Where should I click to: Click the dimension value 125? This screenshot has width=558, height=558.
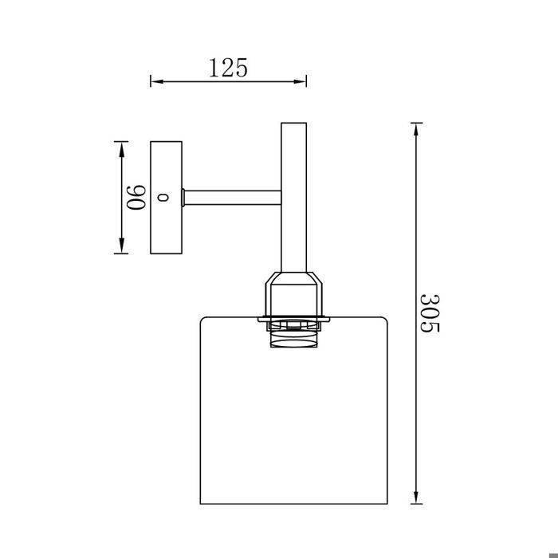(x=228, y=68)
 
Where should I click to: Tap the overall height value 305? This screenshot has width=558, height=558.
(x=430, y=312)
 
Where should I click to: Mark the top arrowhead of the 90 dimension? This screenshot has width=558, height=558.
(x=121, y=146)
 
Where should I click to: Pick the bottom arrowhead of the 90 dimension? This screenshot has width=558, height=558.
(x=121, y=249)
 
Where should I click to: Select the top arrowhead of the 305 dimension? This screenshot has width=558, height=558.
(x=415, y=128)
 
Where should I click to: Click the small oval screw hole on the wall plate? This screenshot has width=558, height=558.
(x=165, y=197)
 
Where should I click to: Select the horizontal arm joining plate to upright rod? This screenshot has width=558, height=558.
(x=233, y=197)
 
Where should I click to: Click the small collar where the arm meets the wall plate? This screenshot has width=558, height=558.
(x=183, y=197)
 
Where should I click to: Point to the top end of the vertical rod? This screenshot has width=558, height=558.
(x=293, y=125)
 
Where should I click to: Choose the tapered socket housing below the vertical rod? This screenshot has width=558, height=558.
(x=293, y=295)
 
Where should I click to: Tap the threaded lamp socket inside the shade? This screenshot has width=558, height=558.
(x=293, y=337)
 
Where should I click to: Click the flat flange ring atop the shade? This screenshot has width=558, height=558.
(x=293, y=320)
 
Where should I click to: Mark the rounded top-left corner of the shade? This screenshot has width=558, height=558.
(x=201, y=320)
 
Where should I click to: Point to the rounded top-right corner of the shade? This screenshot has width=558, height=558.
(x=386, y=320)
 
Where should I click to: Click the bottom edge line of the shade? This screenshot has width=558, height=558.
(x=293, y=504)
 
